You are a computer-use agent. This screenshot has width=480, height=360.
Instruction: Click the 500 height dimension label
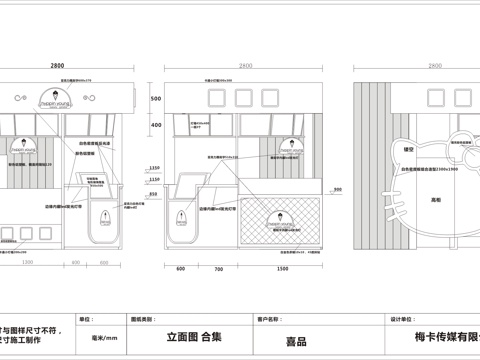[155, 100]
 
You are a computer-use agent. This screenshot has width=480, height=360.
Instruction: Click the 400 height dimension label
[155, 125]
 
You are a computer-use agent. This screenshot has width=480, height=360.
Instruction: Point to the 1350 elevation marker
[154, 167]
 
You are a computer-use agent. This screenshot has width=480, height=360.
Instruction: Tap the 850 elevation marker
[154, 194]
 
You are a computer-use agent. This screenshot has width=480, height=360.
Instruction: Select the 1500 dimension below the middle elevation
[283, 268]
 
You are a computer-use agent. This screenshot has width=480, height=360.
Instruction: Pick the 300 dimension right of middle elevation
[336, 189]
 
